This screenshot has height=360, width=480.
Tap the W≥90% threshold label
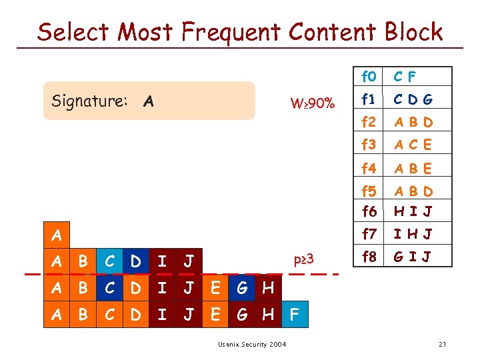[x=313, y=103]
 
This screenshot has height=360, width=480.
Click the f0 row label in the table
[x=369, y=77]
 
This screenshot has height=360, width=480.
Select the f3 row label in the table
[x=369, y=144]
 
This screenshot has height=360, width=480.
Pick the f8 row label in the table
[x=369, y=255]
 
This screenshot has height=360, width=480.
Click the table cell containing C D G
[x=413, y=100]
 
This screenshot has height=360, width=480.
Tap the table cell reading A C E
[x=413, y=144]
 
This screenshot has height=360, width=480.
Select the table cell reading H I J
[x=413, y=211]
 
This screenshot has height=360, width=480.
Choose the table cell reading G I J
[x=413, y=255]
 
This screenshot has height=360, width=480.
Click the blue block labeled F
[x=295, y=314]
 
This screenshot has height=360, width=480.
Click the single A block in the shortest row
[x=57, y=235]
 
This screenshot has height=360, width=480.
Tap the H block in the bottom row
[x=269, y=314]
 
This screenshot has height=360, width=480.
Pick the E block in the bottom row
[x=215, y=314]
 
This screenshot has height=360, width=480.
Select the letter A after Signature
[x=149, y=101]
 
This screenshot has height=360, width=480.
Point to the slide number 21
[x=442, y=344]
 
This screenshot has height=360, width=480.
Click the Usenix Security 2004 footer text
[x=252, y=344]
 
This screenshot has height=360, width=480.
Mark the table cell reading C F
[x=405, y=77]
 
